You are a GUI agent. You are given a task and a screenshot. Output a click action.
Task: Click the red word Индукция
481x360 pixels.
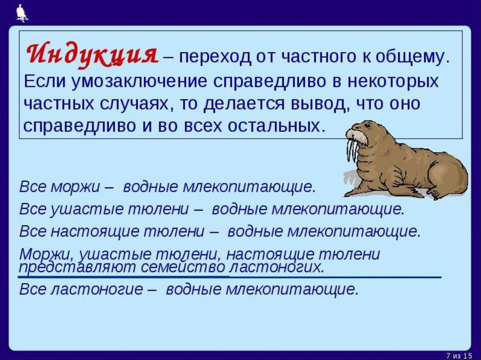pos(93,54)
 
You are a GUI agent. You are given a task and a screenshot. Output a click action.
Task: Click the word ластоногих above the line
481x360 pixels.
pos(276,268)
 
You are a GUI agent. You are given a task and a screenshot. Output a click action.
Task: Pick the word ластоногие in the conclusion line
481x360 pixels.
pos(96,289)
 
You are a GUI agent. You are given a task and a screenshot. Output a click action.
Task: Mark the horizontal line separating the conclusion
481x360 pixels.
pos(229,277)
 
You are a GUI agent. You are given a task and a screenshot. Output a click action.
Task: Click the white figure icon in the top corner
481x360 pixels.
pos(22,13)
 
